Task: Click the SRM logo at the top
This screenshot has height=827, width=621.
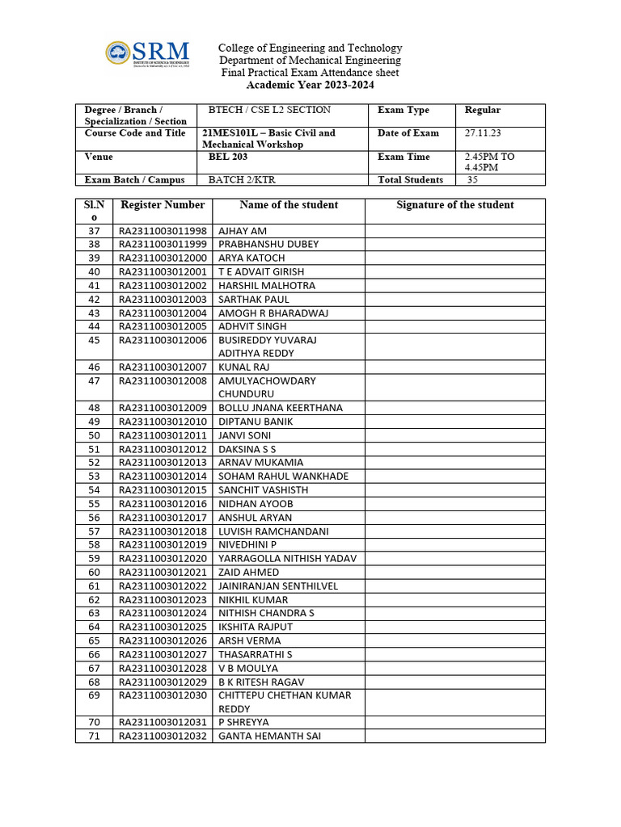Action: (x=147, y=53)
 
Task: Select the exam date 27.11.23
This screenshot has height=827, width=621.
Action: (x=482, y=133)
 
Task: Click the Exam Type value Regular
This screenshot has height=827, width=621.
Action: (x=483, y=111)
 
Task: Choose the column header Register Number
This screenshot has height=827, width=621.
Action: (x=163, y=205)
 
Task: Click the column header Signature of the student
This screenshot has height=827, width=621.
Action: (x=454, y=205)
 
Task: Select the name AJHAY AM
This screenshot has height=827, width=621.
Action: (x=243, y=231)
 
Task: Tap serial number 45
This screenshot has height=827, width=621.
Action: (x=94, y=340)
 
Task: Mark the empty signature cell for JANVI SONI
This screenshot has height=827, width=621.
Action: (x=454, y=435)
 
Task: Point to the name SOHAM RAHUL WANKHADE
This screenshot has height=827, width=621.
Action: (x=284, y=476)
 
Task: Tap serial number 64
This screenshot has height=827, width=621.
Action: (x=94, y=627)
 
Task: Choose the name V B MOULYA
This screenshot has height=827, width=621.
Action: (x=248, y=668)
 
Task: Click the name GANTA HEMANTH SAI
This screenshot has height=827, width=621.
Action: (x=264, y=736)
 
